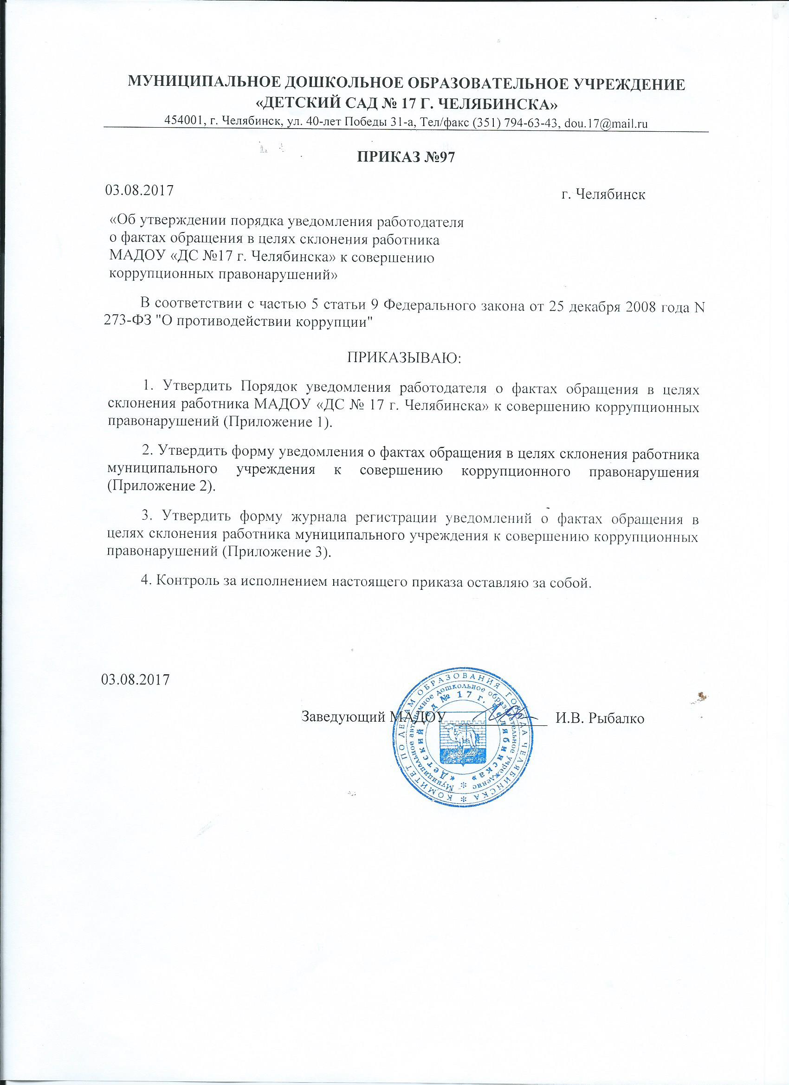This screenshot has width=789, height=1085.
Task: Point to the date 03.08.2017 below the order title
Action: point(139,190)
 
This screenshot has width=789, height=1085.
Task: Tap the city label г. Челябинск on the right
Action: point(603,195)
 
